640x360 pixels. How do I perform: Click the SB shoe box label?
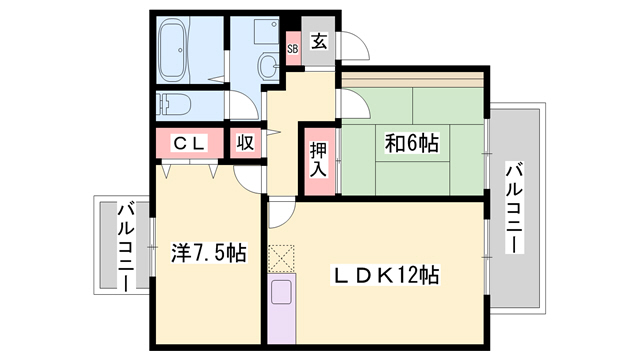pos(293,48)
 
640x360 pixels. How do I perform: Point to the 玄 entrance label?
pos(319,42)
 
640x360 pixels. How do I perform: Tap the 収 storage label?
pos(245,143)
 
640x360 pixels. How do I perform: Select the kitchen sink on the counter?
pos(281,293)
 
